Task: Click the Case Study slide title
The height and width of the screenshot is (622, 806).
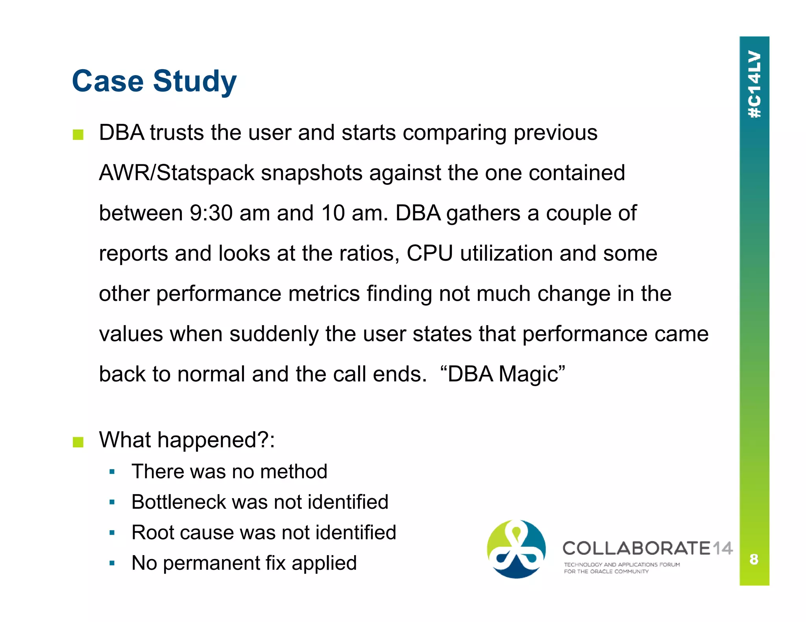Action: (x=154, y=81)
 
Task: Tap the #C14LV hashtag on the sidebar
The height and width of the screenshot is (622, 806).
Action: (x=754, y=84)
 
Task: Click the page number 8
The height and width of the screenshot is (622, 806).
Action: (x=754, y=559)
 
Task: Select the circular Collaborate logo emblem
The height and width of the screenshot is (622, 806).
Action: (x=516, y=549)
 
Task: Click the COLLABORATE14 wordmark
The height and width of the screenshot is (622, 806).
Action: (x=647, y=548)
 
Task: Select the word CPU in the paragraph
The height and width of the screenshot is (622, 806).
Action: (x=429, y=253)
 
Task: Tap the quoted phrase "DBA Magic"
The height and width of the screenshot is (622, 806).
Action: (x=503, y=374)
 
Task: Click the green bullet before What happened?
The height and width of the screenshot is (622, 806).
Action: (x=78, y=442)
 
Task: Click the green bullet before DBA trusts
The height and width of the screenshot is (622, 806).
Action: (x=78, y=135)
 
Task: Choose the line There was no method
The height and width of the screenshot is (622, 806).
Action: (x=229, y=471)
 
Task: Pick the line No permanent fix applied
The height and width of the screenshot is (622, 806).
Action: (x=244, y=563)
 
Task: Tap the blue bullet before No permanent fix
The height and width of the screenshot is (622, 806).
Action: (x=112, y=563)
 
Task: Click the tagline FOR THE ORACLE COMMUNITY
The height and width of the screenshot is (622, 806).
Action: (x=606, y=572)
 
